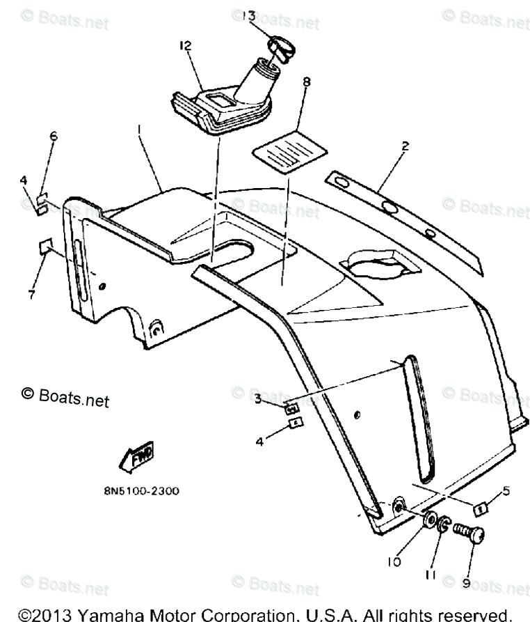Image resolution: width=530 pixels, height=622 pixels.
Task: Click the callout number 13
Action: coord(249,15)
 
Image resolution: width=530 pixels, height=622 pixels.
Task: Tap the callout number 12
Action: coord(184,45)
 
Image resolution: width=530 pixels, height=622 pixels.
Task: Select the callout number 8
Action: coord(307,81)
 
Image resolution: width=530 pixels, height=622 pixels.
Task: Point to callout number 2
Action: coord(405,147)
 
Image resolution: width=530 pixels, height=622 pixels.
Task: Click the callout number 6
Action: coord(53,137)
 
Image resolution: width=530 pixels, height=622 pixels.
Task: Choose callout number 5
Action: coord(506,491)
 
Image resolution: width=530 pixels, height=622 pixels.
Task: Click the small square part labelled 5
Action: coord(479,510)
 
